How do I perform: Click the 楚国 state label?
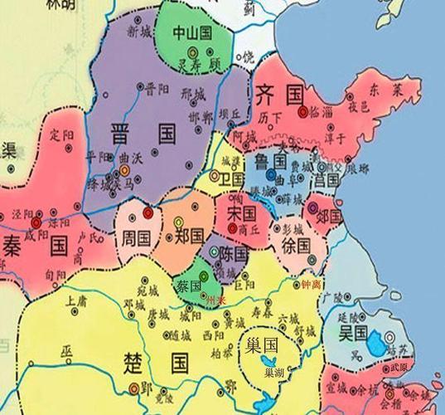162,362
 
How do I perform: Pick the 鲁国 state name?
276,159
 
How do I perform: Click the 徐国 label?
295,246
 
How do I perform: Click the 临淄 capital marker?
303,110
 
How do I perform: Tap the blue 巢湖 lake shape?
268,363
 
